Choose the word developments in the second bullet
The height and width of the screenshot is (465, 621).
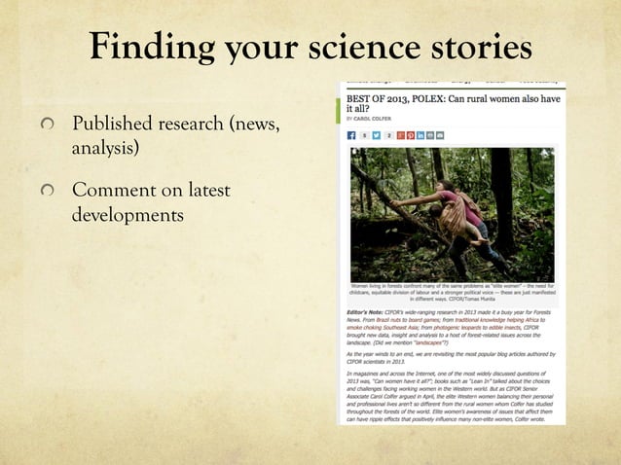click(x=127, y=212)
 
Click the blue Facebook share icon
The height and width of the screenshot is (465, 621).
click(x=352, y=136)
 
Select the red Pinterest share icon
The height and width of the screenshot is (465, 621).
click(x=412, y=136)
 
